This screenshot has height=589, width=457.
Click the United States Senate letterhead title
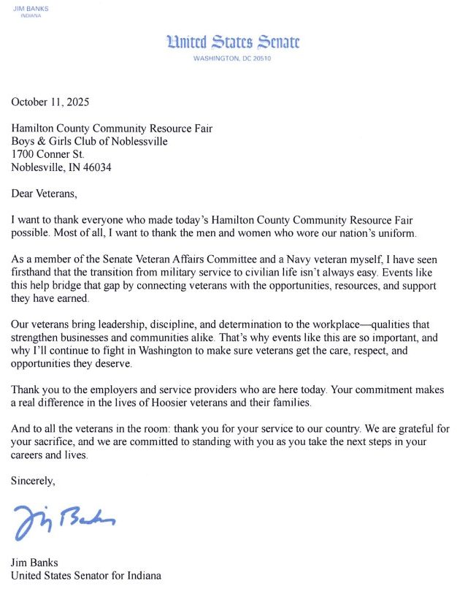(233, 42)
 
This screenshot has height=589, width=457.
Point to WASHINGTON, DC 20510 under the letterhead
(233, 58)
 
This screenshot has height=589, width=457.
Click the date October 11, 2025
(50, 102)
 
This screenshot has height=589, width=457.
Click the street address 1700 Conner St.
(49, 154)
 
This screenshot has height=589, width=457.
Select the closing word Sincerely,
(33, 481)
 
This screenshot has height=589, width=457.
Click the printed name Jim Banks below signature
(35, 563)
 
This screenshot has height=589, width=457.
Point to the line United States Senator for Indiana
(85, 575)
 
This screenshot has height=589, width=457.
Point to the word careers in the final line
(29, 455)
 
